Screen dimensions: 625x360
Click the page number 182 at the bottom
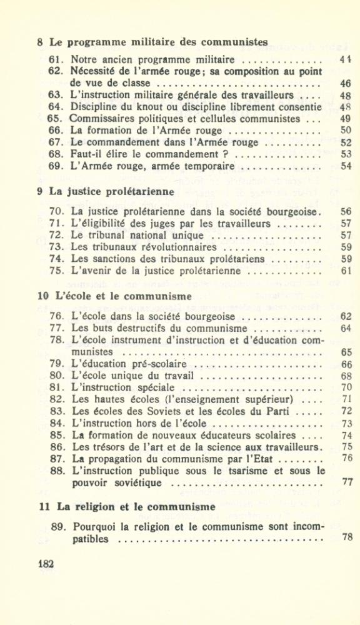pyautogui.click(x=46, y=563)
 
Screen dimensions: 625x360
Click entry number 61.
pyautogui.click(x=56, y=60)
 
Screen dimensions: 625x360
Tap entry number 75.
pyautogui.click(x=56, y=271)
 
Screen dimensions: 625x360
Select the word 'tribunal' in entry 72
pyautogui.click(x=104, y=236)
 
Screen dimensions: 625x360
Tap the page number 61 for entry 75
pyautogui.click(x=346, y=271)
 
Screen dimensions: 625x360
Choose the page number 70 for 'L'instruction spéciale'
pyautogui.click(x=347, y=387)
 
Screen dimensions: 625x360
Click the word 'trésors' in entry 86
pyautogui.click(x=108, y=447)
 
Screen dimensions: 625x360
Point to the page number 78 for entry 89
pyautogui.click(x=347, y=536)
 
